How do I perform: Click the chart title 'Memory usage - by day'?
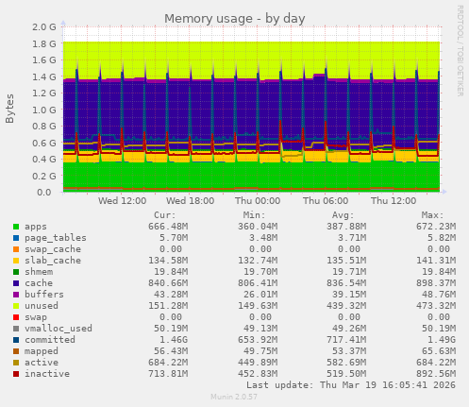(x=234, y=18)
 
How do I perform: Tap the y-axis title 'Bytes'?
(x=10, y=110)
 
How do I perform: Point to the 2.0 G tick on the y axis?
(x=43, y=27)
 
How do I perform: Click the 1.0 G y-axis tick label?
(x=43, y=110)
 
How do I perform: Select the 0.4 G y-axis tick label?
(x=43, y=160)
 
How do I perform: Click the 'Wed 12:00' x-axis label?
(x=122, y=201)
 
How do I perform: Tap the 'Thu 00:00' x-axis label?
(x=258, y=201)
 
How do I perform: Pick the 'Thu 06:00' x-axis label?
(x=326, y=201)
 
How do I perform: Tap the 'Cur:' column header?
(x=164, y=215)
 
